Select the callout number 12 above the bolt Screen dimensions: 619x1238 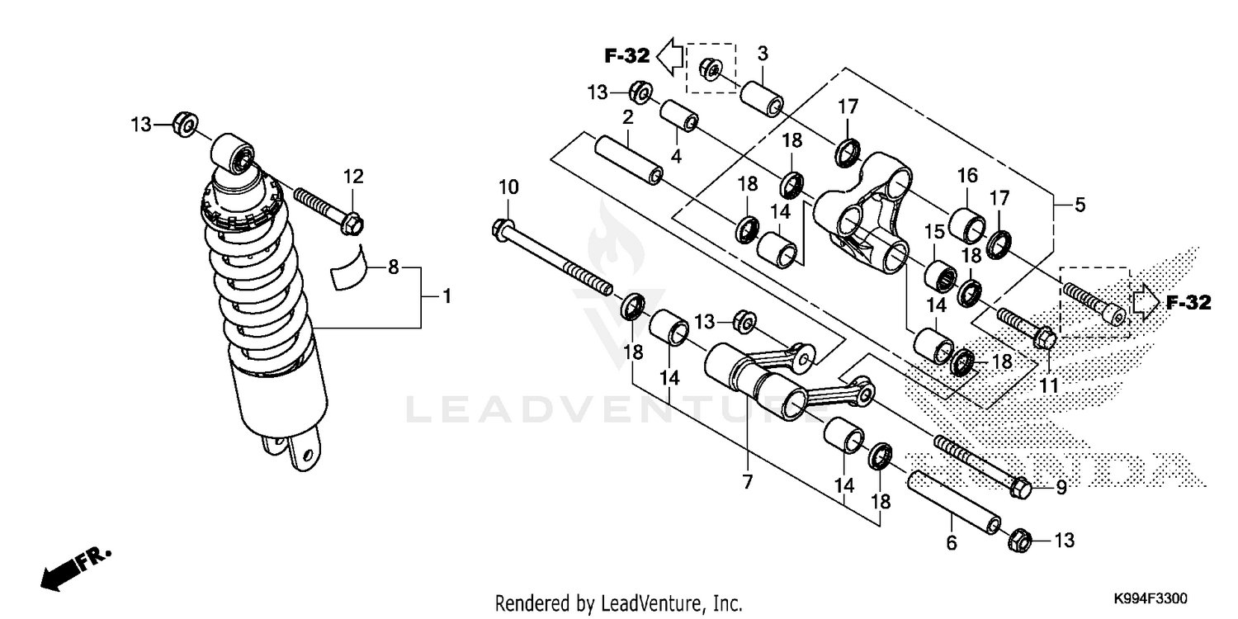(353, 176)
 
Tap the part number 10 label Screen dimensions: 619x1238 (509, 187)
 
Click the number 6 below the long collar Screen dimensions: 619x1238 (951, 543)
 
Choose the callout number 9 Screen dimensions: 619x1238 (1061, 488)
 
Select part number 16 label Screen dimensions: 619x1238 (967, 175)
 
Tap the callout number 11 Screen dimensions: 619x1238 (1048, 385)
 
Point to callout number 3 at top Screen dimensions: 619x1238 (763, 54)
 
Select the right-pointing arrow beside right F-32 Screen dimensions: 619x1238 (1144, 303)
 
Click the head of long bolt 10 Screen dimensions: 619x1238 (500, 227)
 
